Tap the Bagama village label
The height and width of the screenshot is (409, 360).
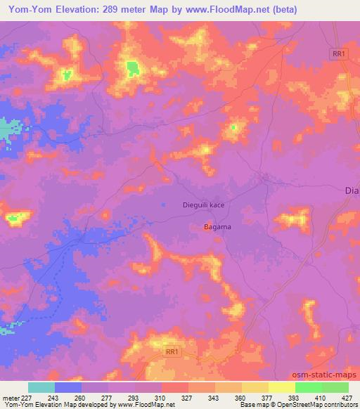[217, 227]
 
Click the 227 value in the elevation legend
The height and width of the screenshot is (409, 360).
[25, 398]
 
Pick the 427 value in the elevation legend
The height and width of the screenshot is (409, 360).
[347, 398]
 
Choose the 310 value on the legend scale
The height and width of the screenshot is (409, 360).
[160, 398]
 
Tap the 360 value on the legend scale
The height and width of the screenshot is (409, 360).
[240, 398]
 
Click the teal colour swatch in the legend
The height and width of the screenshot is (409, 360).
[41, 387]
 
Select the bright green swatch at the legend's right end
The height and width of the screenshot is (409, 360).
[335, 387]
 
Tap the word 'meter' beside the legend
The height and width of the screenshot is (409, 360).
[10, 398]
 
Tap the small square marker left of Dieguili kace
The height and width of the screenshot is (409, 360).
[164, 204]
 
